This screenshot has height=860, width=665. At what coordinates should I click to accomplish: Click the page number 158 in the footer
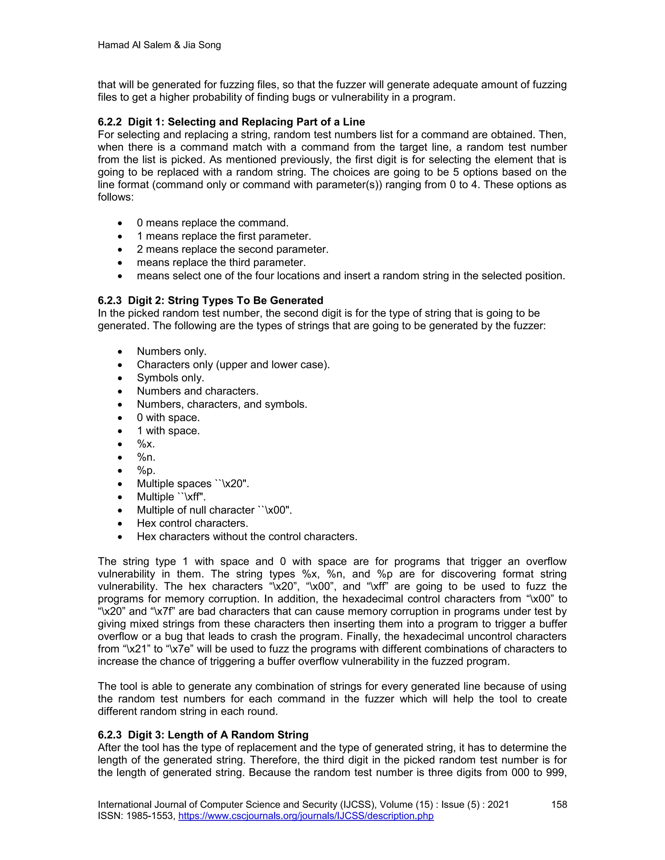click(558, 805)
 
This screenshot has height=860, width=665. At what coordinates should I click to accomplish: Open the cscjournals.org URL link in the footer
click(306, 816)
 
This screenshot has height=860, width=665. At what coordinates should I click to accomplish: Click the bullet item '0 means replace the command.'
click(212, 223)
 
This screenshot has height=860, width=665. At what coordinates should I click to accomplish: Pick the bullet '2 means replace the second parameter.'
click(232, 249)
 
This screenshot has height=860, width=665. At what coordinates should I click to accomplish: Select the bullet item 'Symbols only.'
click(170, 378)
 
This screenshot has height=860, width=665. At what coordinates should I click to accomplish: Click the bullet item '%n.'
click(146, 457)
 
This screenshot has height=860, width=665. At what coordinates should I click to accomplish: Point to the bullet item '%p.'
click(146, 471)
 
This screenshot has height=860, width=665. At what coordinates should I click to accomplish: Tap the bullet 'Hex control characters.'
click(192, 523)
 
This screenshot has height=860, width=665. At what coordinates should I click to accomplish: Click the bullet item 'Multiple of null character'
click(214, 510)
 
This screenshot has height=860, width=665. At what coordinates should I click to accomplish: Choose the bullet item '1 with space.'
click(168, 431)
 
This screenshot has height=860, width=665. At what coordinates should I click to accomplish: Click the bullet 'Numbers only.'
click(171, 351)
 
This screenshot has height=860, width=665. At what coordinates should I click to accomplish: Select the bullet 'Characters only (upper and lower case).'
click(233, 365)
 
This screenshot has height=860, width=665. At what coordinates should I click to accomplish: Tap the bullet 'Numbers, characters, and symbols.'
click(222, 404)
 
